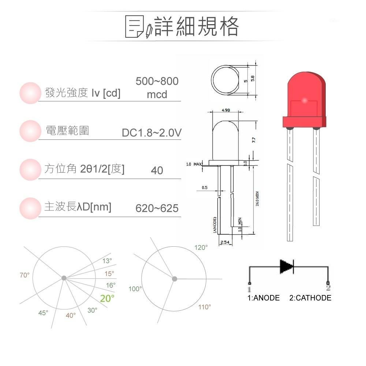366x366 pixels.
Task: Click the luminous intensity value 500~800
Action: [x=157, y=81]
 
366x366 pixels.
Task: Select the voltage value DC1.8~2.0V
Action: [x=152, y=133]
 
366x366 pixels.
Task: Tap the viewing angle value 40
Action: [x=157, y=171]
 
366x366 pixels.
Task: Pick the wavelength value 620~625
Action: [x=157, y=209]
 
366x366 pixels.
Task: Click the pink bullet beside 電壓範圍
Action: [x=30, y=131]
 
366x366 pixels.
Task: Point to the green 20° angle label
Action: [x=107, y=298]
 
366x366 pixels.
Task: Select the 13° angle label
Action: [x=107, y=261]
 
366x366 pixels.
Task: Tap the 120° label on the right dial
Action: [x=201, y=248]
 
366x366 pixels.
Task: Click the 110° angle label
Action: [x=205, y=307]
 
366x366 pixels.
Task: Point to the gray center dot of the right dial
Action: [x=175, y=279]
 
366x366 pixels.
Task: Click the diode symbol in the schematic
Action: [x=287, y=267]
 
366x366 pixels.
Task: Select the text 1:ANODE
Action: [x=264, y=298]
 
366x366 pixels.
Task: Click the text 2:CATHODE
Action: [x=310, y=298]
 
